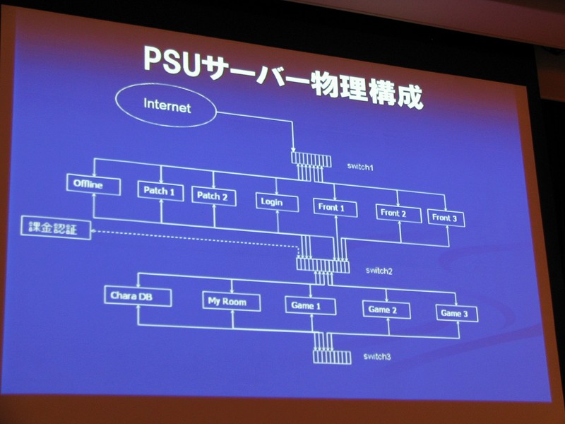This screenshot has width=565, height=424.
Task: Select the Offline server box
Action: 88,185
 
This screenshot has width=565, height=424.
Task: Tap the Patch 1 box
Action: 159,190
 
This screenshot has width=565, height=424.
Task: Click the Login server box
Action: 273,201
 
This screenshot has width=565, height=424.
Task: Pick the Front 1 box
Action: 333,207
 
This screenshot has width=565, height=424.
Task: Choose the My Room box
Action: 232,302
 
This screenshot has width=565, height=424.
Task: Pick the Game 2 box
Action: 386,310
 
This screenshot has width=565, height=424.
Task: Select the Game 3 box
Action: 456,313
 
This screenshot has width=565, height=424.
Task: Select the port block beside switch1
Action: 309,157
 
